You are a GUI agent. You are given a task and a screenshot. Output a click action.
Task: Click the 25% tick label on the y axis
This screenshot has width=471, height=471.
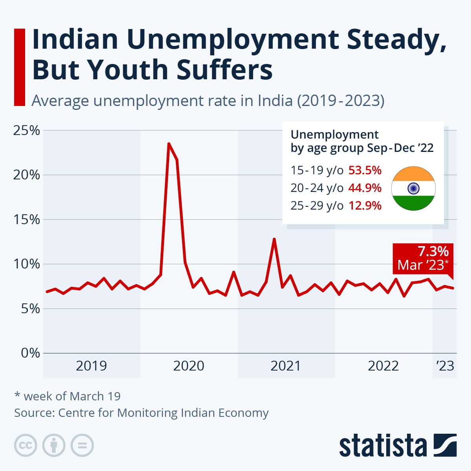coord(27,130)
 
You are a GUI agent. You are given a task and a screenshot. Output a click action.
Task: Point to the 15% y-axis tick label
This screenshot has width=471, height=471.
coord(27,219)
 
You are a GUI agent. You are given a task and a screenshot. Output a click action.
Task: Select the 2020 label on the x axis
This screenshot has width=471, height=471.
coord(188,366)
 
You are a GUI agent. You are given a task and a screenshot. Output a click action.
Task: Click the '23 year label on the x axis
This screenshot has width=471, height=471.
coord(445,366)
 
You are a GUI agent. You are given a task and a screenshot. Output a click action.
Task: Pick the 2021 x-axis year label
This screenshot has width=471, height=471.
coord(286,366)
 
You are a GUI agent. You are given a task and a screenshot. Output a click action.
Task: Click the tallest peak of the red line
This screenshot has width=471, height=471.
coord(169,144)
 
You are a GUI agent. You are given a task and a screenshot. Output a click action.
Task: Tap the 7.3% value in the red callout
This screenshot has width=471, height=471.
coord(433,251)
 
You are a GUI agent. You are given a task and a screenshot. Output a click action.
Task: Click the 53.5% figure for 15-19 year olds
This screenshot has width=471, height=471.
coord(365,170)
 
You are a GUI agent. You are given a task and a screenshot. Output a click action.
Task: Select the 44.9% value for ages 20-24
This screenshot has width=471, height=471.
coord(365,188)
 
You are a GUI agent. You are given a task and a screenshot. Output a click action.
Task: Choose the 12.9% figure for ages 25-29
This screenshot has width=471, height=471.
coord(365,206)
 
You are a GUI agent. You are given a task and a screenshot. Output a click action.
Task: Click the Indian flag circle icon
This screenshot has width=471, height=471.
coord(413,188)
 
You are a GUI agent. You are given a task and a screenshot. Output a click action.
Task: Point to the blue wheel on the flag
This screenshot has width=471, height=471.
coord(413,188)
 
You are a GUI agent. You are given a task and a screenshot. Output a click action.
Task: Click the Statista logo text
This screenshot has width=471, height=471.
coord(383,446)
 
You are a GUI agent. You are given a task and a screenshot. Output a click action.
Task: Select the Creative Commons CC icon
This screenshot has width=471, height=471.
coord(26,445)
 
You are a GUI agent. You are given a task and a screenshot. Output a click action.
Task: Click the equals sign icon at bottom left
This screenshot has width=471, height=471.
coord(82,445)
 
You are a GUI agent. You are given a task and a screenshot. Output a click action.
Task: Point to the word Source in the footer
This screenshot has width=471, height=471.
coord(34,413)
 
